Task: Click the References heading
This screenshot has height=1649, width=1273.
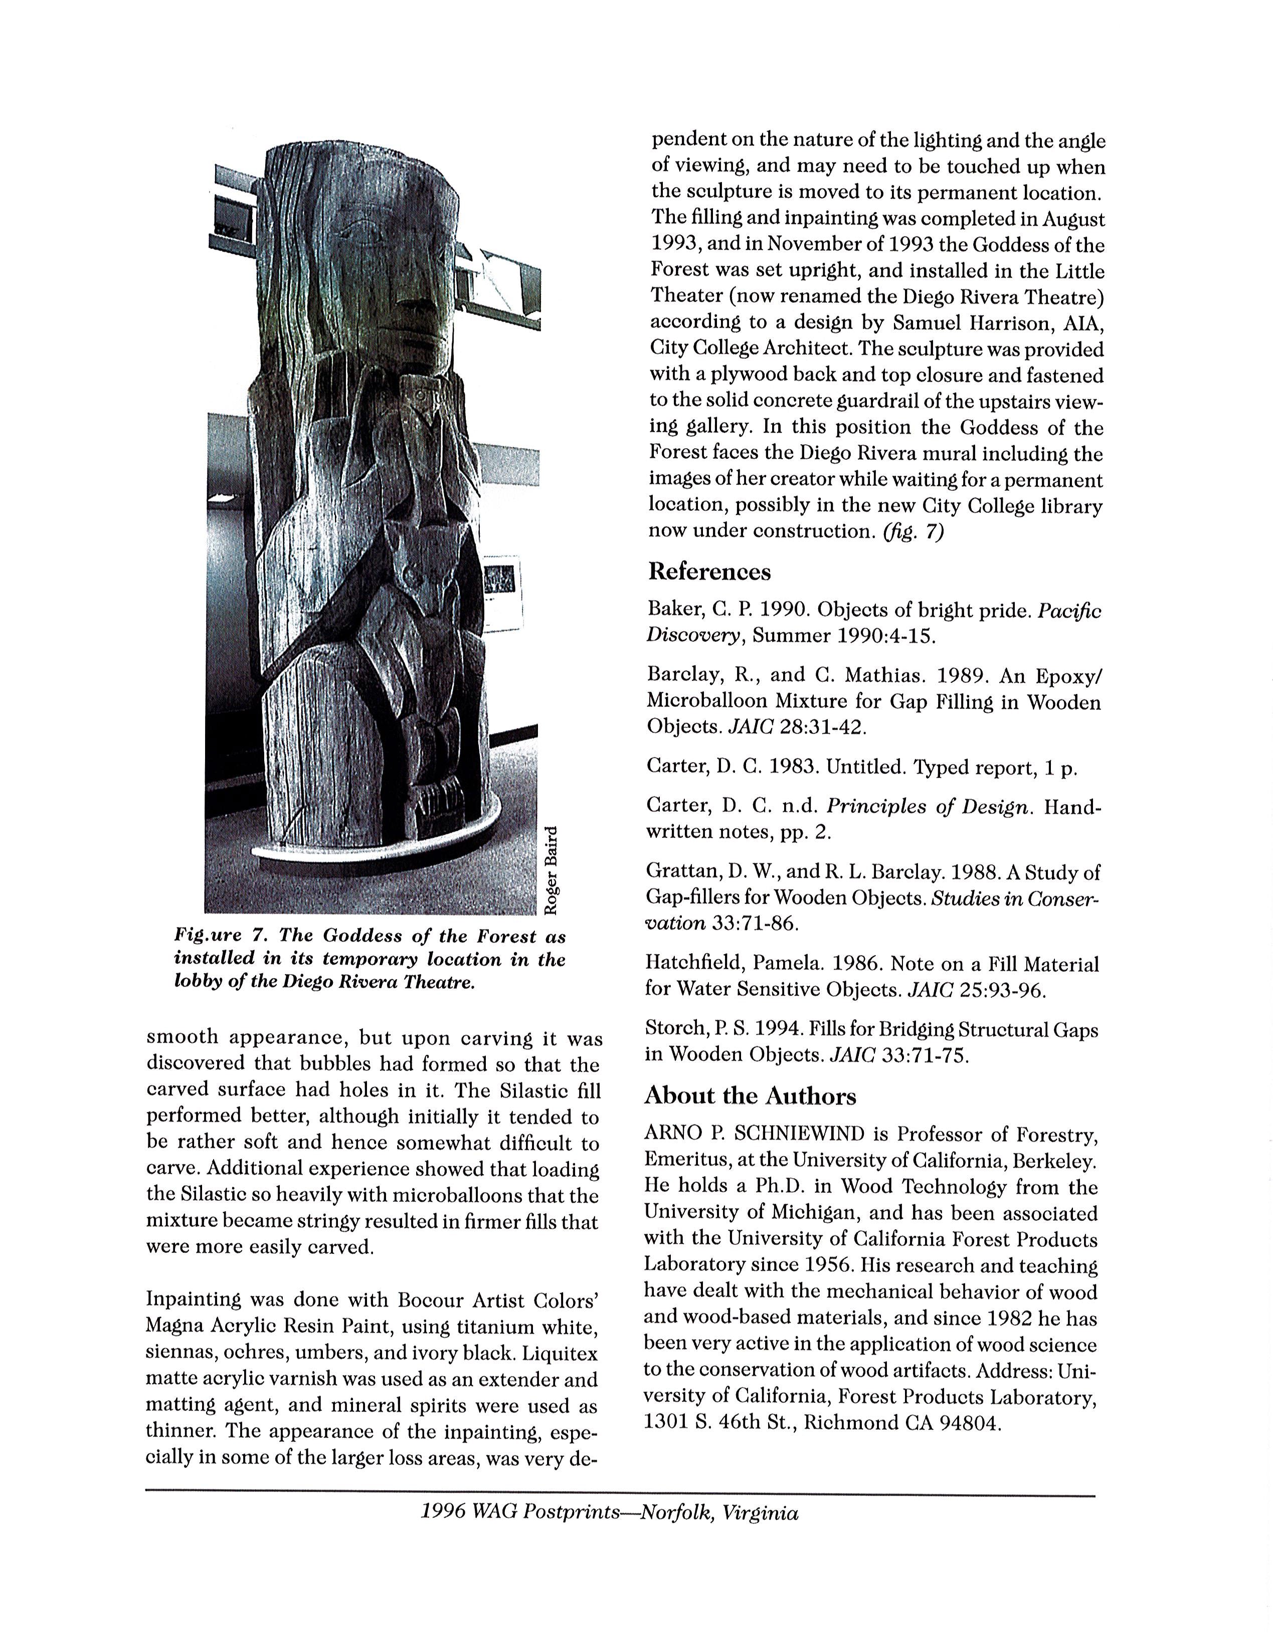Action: (x=709, y=572)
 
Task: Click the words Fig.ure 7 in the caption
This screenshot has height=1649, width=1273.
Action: (x=219, y=936)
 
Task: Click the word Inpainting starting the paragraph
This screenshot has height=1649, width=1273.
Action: (x=192, y=1300)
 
